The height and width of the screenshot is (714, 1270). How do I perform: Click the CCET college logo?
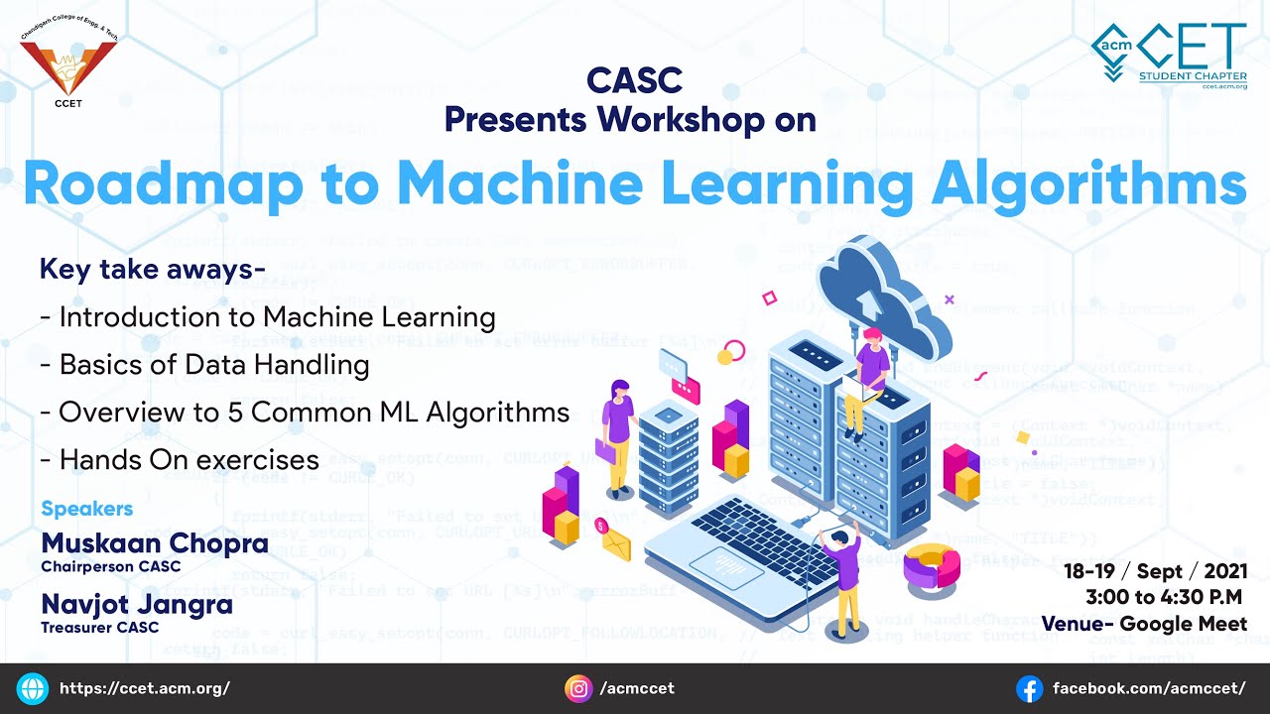coord(67,62)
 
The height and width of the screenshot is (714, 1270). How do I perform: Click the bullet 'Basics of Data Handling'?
coord(204,364)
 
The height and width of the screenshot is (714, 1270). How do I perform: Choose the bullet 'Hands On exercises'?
coord(180,459)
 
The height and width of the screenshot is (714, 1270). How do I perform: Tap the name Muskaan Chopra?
coord(155,543)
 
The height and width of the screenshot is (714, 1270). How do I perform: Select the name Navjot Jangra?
coord(137,603)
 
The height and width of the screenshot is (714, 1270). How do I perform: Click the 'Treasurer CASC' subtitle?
coord(99,627)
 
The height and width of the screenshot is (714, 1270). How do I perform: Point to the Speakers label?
coord(86,509)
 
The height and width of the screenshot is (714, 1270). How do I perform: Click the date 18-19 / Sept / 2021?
coord(1155,571)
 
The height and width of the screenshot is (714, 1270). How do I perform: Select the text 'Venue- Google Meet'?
coord(1143,623)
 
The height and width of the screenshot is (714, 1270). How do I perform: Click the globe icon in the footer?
coord(33,688)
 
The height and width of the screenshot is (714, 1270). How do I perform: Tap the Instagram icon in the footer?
coord(578,688)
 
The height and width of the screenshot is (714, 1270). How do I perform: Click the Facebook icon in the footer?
coord(1030,688)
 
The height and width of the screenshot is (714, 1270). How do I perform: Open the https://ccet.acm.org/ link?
coord(145,688)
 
